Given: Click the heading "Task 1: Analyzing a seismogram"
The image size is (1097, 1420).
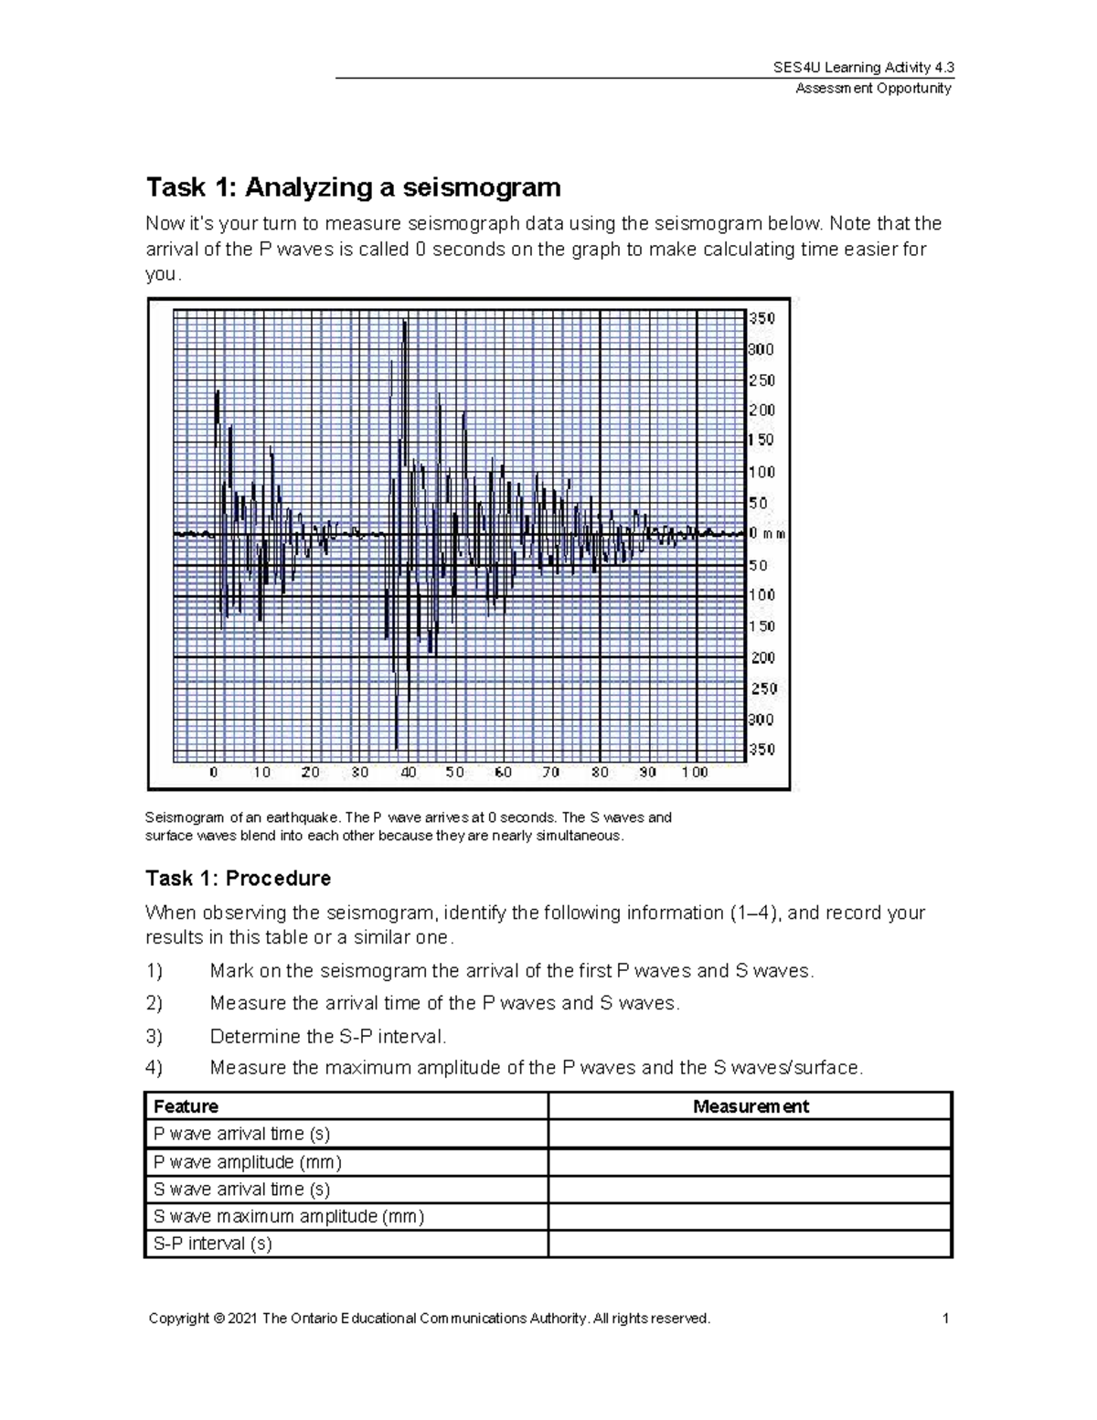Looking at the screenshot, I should tap(353, 187).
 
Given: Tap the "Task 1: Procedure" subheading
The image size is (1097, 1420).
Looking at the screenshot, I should tap(238, 879).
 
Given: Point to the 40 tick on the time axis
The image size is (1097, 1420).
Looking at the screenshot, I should tap(408, 773).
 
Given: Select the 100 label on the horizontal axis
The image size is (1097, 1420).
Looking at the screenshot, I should tap(695, 773).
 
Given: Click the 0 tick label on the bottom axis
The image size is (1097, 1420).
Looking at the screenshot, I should tap(214, 773).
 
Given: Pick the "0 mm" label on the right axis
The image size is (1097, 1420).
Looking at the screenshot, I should tap(767, 534).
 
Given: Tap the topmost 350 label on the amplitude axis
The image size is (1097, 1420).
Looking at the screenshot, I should tap(762, 318).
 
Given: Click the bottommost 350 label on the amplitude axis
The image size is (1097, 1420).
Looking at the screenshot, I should tap(762, 750).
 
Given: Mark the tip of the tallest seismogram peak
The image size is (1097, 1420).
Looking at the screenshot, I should tap(405, 322).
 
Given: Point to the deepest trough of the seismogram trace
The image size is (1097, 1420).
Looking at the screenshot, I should tap(397, 748).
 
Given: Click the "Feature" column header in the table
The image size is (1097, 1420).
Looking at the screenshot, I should tap(186, 1106).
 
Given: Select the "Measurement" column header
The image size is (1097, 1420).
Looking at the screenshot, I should tap(751, 1106).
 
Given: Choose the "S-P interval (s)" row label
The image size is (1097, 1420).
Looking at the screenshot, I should tap(213, 1244).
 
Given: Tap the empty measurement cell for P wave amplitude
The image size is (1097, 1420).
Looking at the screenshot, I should tap(750, 1162).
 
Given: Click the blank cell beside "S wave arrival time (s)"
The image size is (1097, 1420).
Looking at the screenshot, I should tap(750, 1190).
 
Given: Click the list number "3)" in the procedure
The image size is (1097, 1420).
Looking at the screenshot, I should tap(154, 1036).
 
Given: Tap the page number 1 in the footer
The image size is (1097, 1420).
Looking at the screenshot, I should tap(946, 1318).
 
